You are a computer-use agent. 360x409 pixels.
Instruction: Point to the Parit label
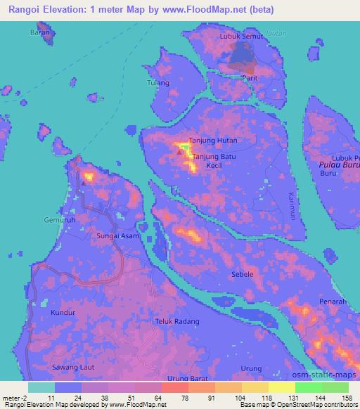click(x=249, y=77)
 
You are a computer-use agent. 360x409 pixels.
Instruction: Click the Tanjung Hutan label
click(x=217, y=140)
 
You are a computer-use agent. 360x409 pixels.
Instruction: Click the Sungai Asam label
click(x=118, y=237)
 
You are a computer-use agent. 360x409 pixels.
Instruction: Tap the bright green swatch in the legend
click(x=308, y=387)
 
